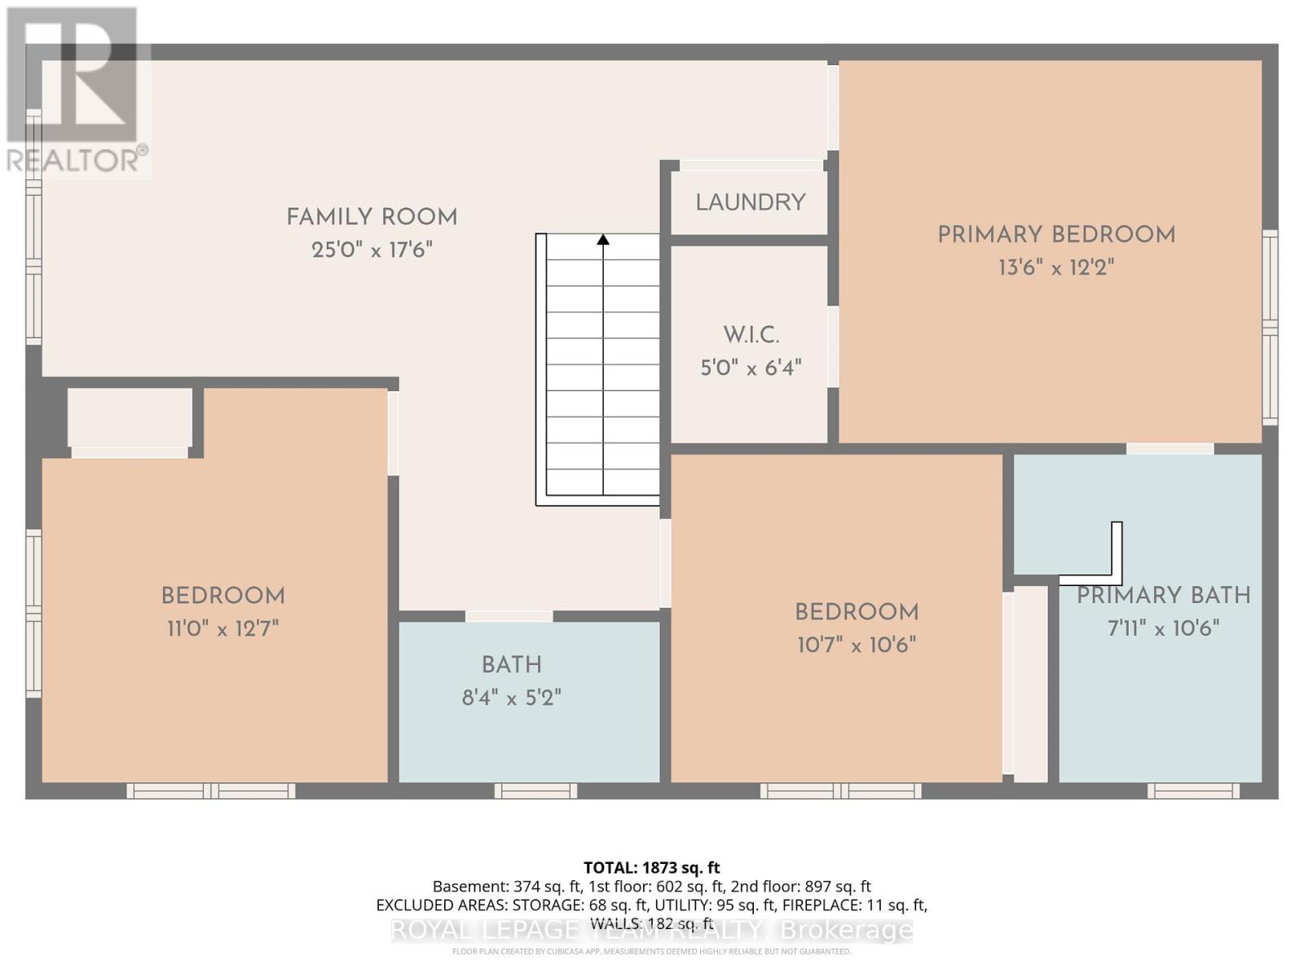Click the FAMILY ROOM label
coord(372,218)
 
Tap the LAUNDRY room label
coord(750,202)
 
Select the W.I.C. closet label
coord(751,335)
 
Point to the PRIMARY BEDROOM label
coord(1056,236)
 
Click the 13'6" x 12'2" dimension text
coord(1056,267)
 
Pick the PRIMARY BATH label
coord(1163,596)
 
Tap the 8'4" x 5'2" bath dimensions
coord(511,698)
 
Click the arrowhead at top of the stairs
coord(603,240)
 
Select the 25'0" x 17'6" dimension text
coord(372,250)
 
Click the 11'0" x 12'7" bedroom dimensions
coord(222,628)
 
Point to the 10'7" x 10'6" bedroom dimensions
coord(857,645)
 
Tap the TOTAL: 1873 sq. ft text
coord(651,868)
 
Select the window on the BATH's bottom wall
coord(535,791)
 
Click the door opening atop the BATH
coord(509,616)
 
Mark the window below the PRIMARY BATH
coord(1193,791)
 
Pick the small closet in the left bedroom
coord(130,417)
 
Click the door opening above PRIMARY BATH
coord(1170,448)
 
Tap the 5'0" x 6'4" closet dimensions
coord(751,368)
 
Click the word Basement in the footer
coord(470,887)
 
